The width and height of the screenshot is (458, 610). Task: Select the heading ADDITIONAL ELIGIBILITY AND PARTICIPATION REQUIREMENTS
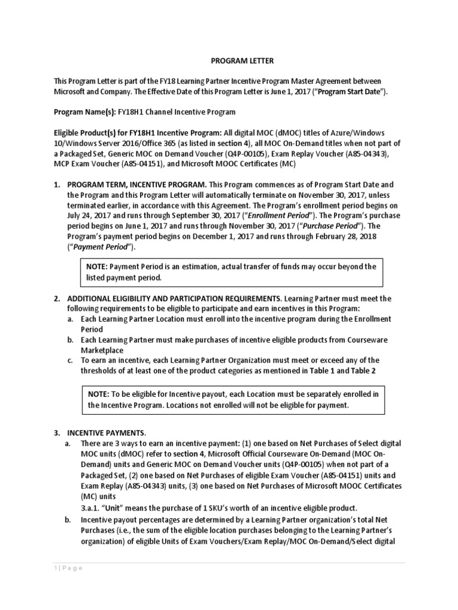(x=174, y=298)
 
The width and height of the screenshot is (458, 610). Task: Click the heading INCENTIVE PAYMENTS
(x=106, y=432)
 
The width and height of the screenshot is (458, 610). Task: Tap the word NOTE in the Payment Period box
(x=97, y=267)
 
